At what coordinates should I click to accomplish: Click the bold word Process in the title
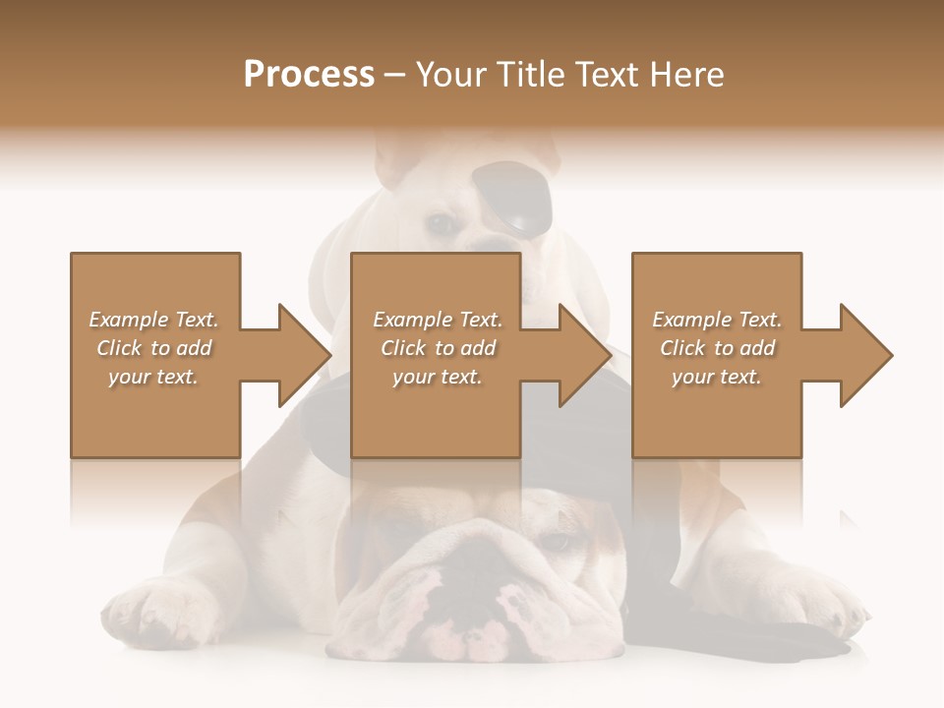coord(309,75)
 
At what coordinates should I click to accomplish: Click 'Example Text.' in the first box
coord(154,320)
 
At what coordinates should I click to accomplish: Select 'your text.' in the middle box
coord(438,377)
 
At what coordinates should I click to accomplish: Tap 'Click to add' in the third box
coord(718,348)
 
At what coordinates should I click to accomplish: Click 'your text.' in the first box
coord(153,377)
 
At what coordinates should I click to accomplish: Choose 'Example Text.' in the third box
coord(718,320)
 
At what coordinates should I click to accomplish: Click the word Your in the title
coord(453,75)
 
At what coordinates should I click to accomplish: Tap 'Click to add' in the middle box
coord(438,348)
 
